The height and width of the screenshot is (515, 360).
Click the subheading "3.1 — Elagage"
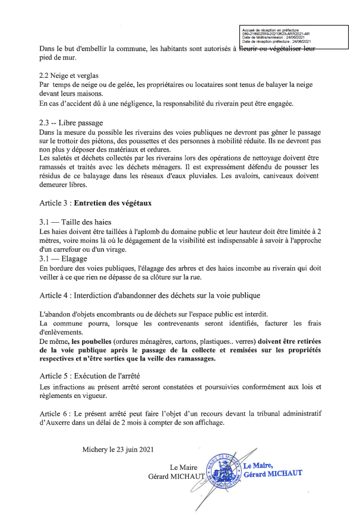pos(62,259)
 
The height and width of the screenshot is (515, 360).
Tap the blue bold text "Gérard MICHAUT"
pos(273,473)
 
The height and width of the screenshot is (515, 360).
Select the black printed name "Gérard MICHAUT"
pos(176,476)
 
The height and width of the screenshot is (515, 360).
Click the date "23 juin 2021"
pos(131,449)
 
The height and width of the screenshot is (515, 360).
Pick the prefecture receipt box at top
pos(293,35)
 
